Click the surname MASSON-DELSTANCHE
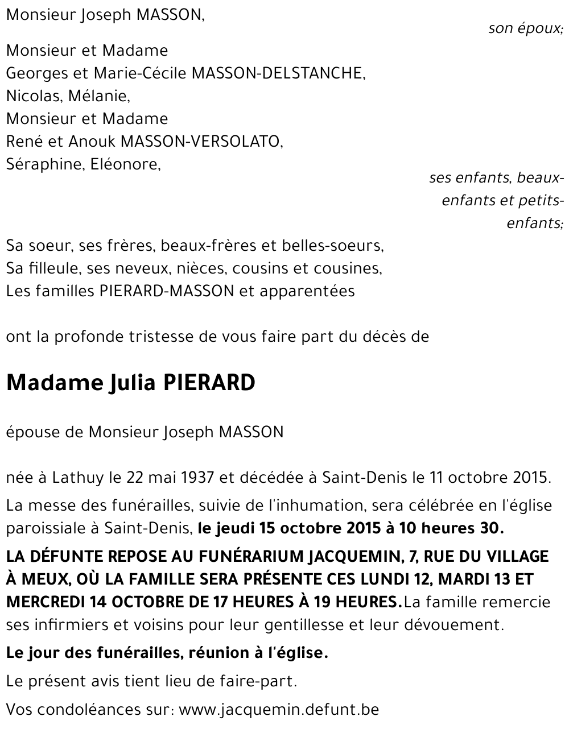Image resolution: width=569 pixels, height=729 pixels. tap(278, 73)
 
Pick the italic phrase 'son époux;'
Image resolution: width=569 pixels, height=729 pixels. tap(525, 28)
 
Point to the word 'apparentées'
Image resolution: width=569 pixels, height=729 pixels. tap(307, 291)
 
